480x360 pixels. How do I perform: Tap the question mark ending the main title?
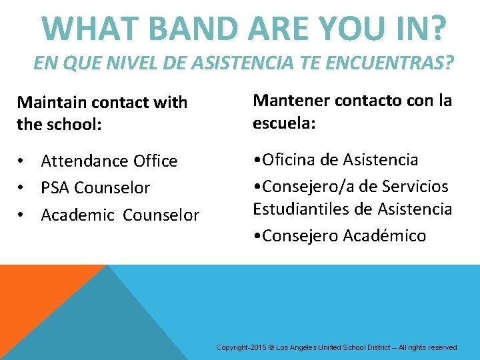pyautogui.click(x=436, y=27)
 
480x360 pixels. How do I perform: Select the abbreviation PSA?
pyautogui.click(x=55, y=188)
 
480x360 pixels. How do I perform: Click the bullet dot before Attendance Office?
pyautogui.click(x=22, y=161)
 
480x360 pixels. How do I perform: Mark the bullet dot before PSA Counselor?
pyautogui.click(x=22, y=188)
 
